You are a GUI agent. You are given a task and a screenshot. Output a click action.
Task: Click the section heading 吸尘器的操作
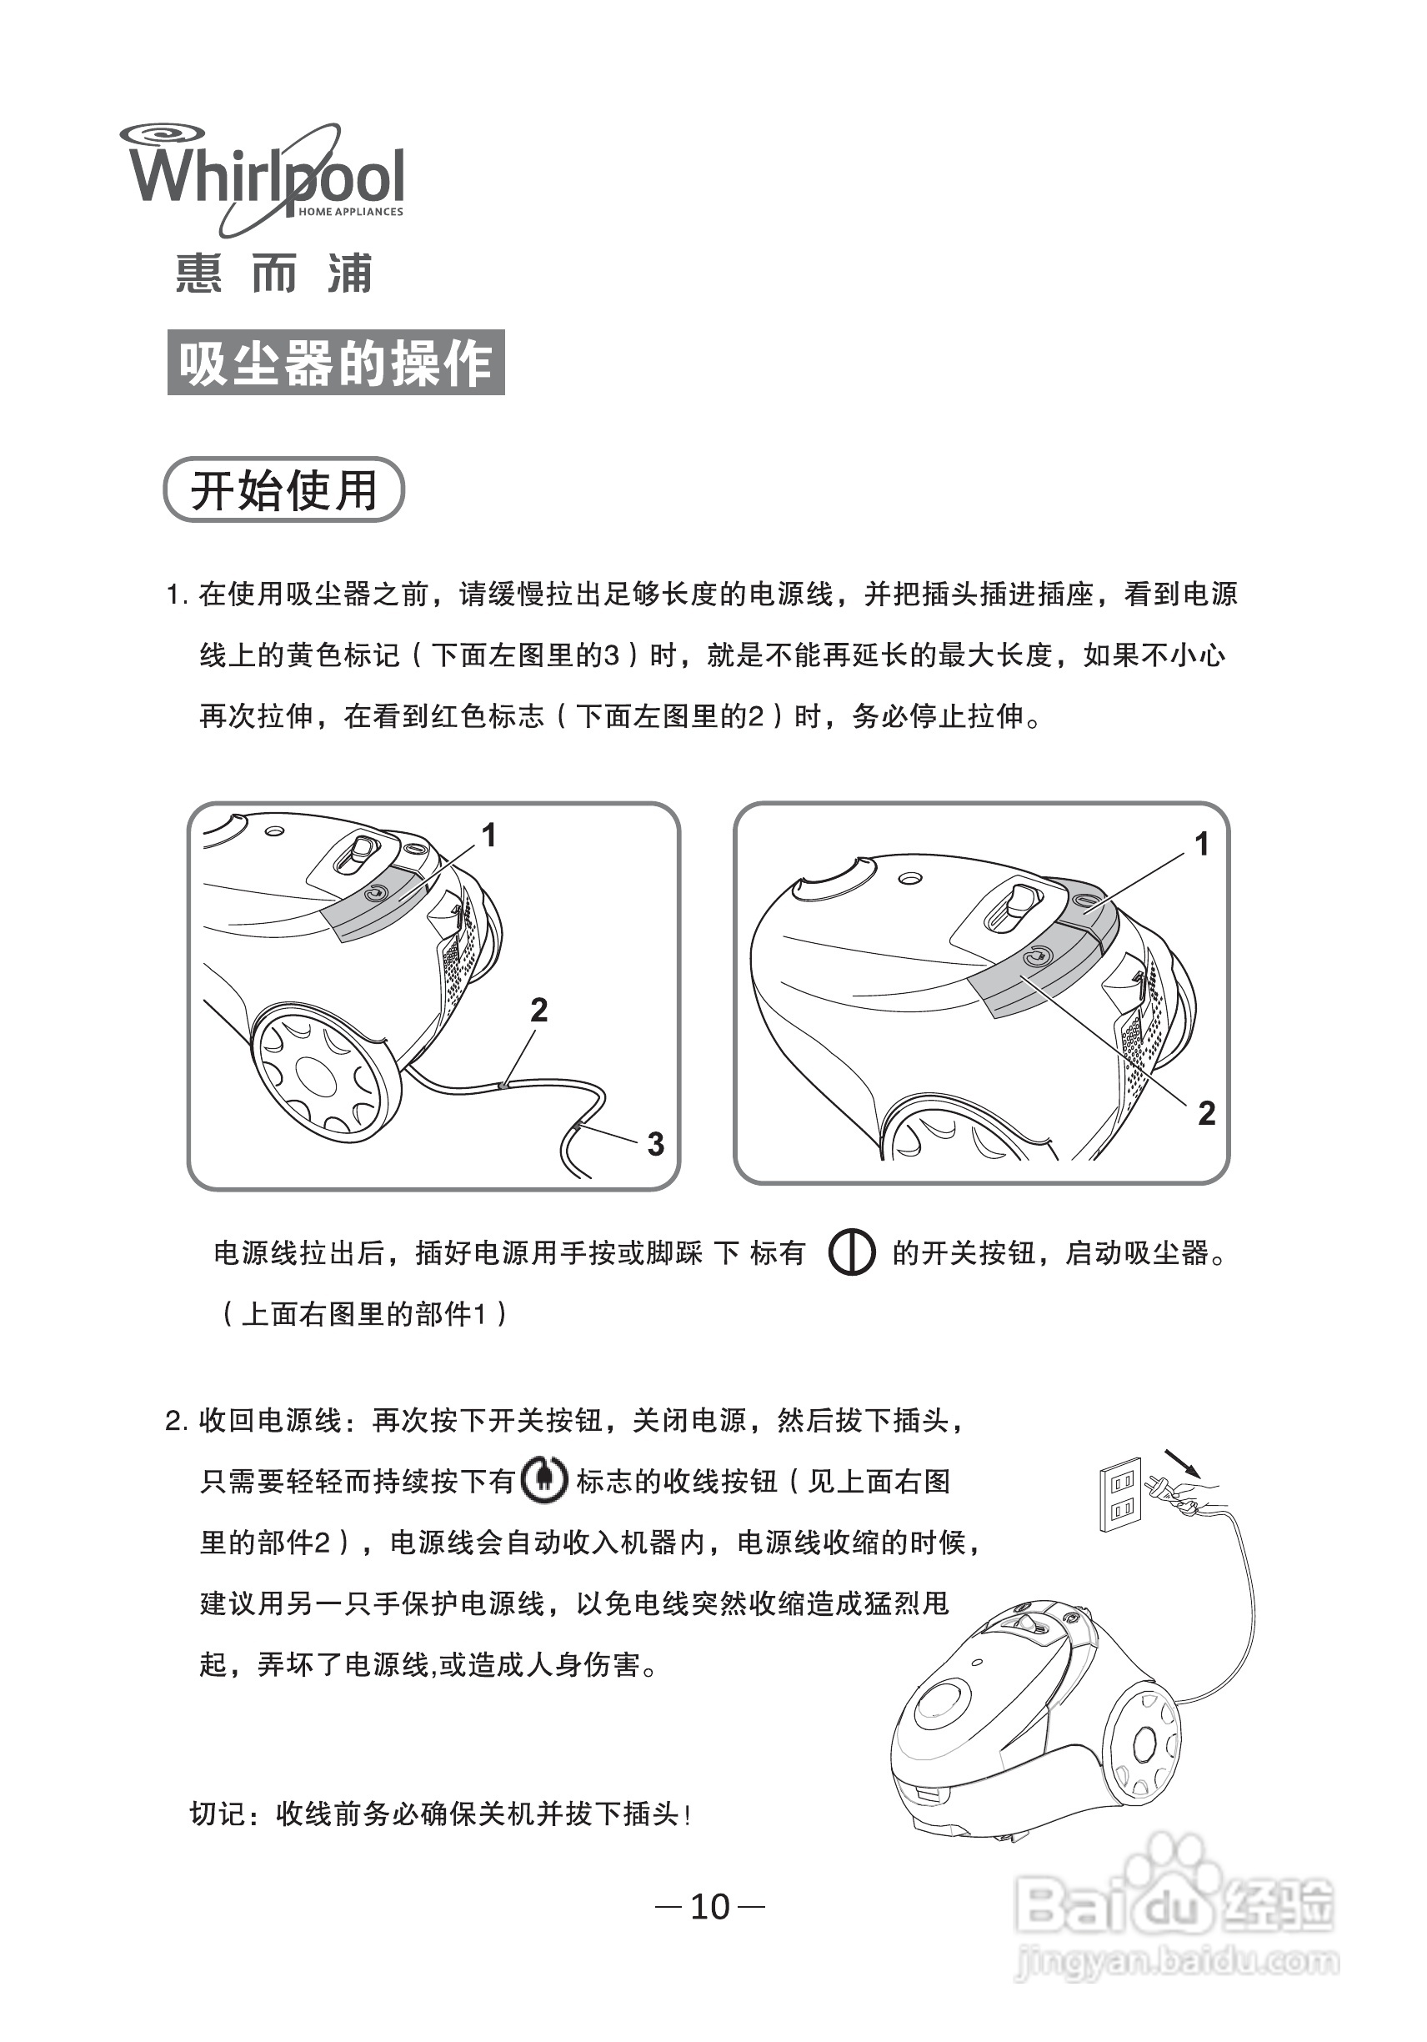click(335, 363)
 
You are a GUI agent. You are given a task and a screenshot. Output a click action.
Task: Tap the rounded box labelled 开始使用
click(283, 490)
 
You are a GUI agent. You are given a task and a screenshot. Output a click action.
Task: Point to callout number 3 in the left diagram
click(655, 1144)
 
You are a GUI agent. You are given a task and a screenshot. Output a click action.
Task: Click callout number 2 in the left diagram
click(538, 1010)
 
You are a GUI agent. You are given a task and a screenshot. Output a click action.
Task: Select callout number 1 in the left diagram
click(489, 835)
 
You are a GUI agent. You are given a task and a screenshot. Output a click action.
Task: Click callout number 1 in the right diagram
click(1201, 844)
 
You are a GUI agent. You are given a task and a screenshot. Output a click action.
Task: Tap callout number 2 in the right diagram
click(1206, 1113)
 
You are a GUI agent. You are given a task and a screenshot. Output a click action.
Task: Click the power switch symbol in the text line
click(851, 1253)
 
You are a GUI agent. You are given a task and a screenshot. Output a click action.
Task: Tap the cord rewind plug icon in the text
click(543, 1481)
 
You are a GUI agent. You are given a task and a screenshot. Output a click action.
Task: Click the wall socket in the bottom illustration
click(1120, 1495)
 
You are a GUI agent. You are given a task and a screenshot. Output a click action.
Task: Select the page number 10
click(710, 1907)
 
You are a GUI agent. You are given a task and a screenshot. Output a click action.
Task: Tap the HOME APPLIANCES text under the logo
click(350, 212)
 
